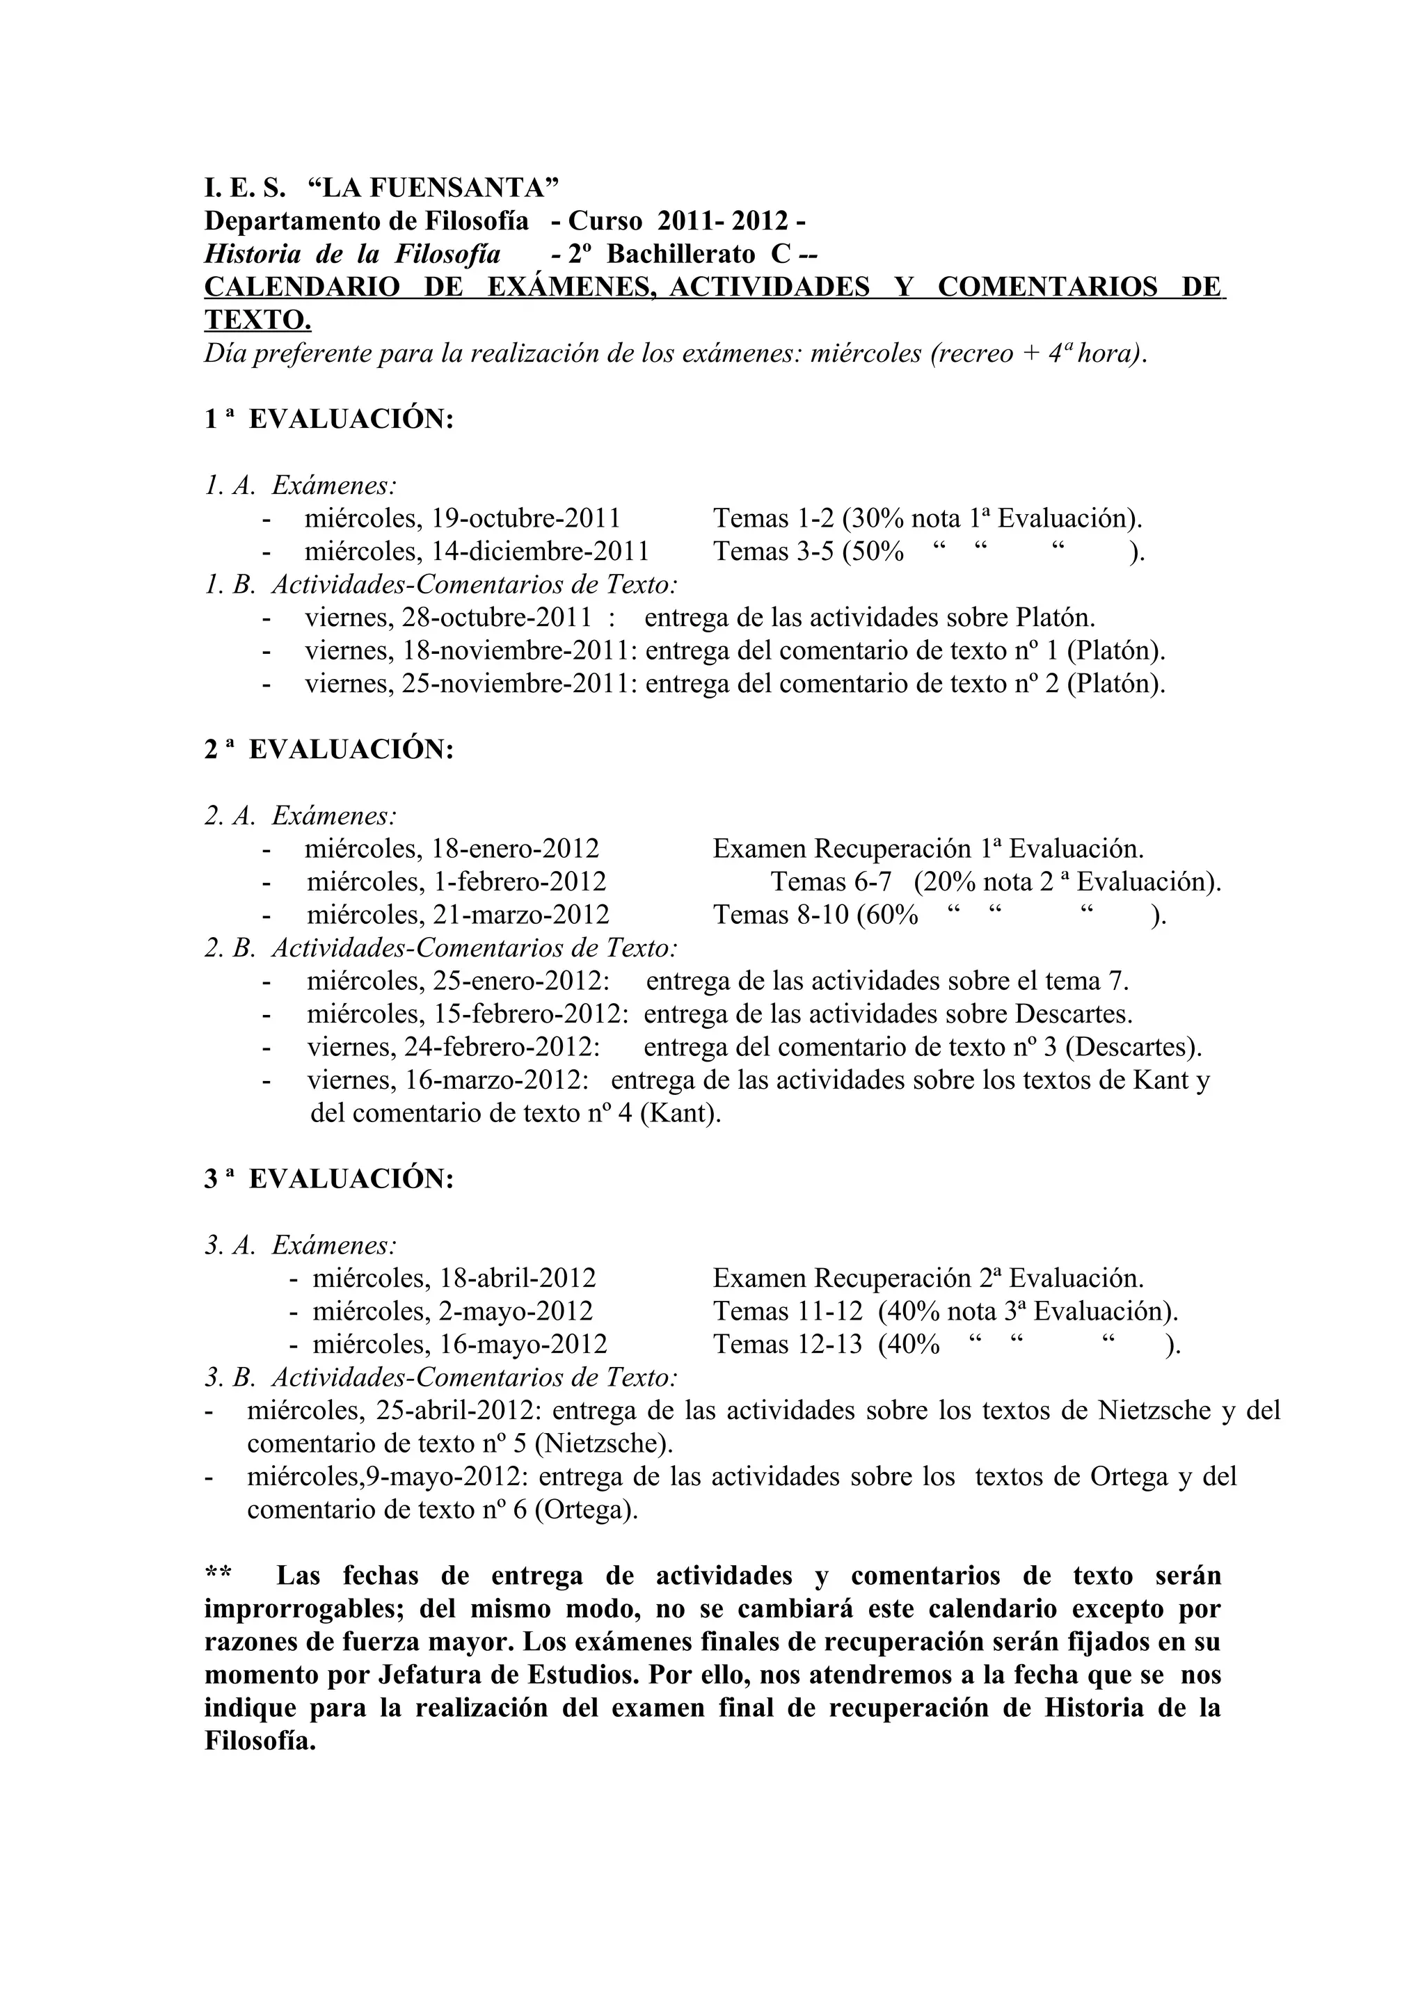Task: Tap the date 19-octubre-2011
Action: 526,518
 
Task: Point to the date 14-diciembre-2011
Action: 540,552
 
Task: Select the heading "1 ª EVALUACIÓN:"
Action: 329,419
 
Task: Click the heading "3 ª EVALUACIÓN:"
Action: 329,1178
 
